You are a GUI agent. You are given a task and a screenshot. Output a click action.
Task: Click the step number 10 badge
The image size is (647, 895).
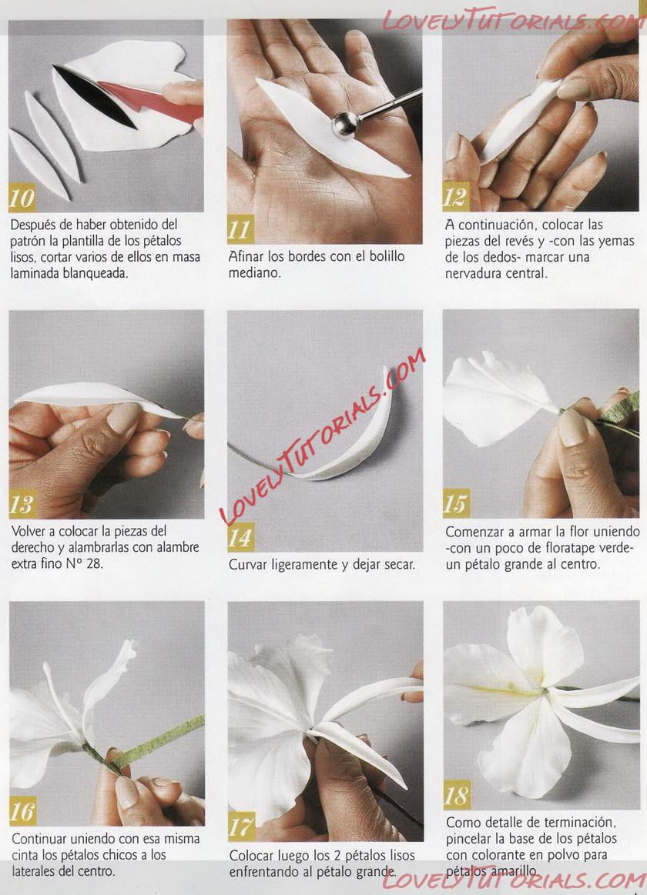[x=22, y=198]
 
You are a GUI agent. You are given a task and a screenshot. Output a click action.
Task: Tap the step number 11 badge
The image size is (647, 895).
[x=240, y=229]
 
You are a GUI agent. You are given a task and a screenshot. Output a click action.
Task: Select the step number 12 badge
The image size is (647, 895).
[x=456, y=197]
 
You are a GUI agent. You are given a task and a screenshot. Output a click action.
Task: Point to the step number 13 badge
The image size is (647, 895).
[x=22, y=504]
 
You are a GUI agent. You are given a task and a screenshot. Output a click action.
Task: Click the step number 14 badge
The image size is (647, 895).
[x=240, y=537]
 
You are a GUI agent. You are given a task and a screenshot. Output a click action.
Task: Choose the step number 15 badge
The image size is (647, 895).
[x=456, y=503]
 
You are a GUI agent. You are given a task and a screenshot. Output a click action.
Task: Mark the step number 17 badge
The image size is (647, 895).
[x=241, y=827]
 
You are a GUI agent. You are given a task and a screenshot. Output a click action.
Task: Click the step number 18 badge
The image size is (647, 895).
[x=457, y=795]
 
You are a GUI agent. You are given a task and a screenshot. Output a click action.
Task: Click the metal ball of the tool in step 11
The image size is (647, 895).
[x=345, y=125]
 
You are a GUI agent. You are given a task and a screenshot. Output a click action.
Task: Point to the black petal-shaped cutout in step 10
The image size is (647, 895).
[x=94, y=96]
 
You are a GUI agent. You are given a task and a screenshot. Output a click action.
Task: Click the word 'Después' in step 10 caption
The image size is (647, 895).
[x=32, y=225]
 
